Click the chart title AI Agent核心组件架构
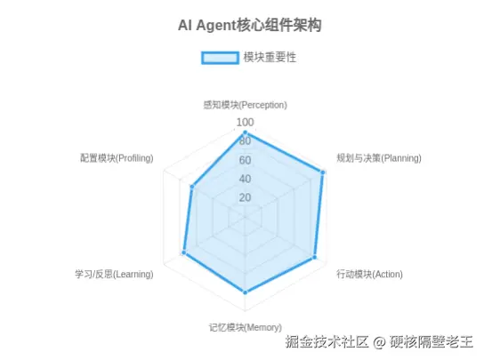click(250, 25)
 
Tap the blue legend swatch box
click(220, 58)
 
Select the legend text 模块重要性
click(270, 58)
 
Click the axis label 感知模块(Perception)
click(245, 105)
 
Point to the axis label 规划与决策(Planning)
click(379, 158)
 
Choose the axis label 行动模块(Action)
click(369, 274)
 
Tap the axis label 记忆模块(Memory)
click(245, 327)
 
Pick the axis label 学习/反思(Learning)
click(114, 274)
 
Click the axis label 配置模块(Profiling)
click(117, 158)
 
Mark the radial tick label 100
click(245, 123)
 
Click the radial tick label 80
click(245, 141)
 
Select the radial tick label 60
click(245, 160)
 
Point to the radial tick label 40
click(245, 179)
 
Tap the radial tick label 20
click(245, 197)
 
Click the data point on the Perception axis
click(245, 133)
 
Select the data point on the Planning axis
click(323, 172)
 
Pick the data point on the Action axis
click(315, 257)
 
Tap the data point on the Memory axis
click(245, 292)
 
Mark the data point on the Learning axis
click(184, 252)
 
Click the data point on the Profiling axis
click(192, 187)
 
